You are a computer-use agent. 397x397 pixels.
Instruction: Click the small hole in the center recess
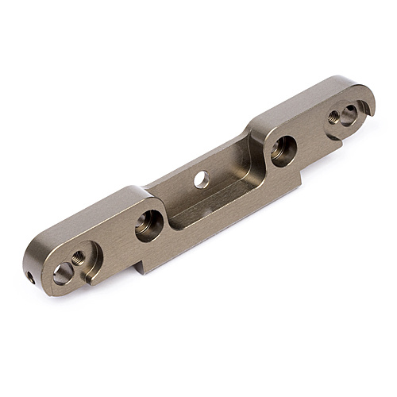pos(202,179)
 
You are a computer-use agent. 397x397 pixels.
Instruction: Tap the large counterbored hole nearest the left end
pos(148,225)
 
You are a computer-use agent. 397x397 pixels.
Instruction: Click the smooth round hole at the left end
pos(64,273)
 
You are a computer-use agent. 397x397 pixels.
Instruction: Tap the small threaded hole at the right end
pos(333,117)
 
